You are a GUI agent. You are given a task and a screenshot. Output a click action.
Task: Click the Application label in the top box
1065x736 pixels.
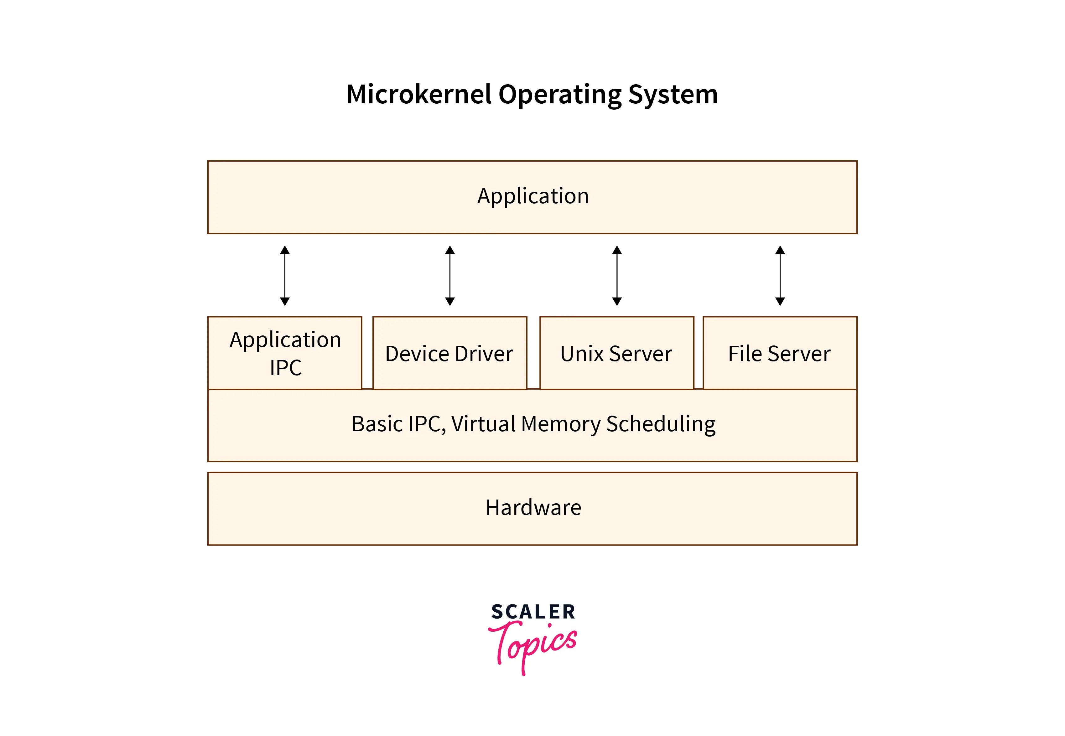pyautogui.click(x=533, y=196)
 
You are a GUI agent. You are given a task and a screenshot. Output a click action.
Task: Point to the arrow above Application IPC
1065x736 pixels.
pyautogui.click(x=285, y=276)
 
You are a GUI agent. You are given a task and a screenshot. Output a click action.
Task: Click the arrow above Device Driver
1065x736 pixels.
pyautogui.click(x=450, y=276)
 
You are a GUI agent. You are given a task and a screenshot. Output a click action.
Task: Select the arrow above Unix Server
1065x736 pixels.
pyautogui.click(x=617, y=276)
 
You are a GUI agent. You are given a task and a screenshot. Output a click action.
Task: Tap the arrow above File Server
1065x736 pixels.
pyautogui.click(x=780, y=276)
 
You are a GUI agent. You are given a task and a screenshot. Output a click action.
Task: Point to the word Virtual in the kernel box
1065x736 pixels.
pyautogui.click(x=483, y=424)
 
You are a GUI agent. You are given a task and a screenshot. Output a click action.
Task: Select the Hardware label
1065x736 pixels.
pyautogui.click(x=533, y=508)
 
